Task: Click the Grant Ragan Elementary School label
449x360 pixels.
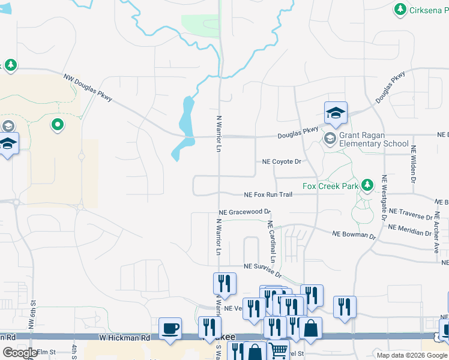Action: pyautogui.click(x=373, y=140)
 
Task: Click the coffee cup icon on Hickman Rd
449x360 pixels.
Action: pyautogui.click(x=170, y=328)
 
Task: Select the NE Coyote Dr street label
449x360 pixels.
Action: pyautogui.click(x=282, y=162)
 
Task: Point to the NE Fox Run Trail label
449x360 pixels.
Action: pyautogui.click(x=268, y=195)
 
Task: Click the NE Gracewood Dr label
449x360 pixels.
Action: pyautogui.click(x=245, y=212)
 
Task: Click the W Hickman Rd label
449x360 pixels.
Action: pyautogui.click(x=125, y=338)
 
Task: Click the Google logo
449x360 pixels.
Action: pyautogui.click(x=20, y=353)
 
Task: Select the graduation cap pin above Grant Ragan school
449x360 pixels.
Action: pyautogui.click(x=336, y=112)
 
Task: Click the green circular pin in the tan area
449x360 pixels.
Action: pyautogui.click(x=58, y=125)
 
